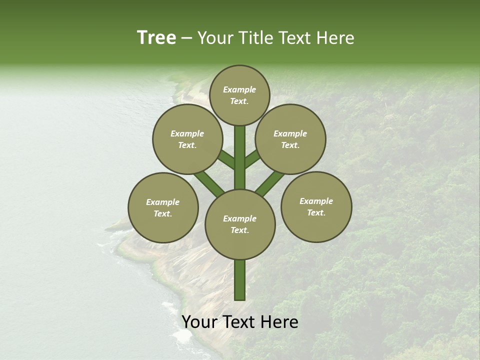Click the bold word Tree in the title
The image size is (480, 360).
tap(156, 38)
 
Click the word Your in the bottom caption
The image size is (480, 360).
tap(199, 322)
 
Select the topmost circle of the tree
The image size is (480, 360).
tap(239, 95)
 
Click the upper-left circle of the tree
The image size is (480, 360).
tap(187, 139)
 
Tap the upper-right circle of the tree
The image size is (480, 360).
tap(290, 139)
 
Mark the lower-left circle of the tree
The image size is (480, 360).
tap(163, 207)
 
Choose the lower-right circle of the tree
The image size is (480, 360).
tap(316, 206)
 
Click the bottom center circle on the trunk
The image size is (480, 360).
tap(240, 224)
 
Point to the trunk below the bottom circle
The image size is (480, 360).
tap(240, 280)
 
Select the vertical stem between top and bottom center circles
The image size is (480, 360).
tap(240, 157)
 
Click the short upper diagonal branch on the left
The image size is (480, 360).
tap(226, 159)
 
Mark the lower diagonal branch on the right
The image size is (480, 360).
tap(270, 182)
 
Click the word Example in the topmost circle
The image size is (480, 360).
tap(239, 89)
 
